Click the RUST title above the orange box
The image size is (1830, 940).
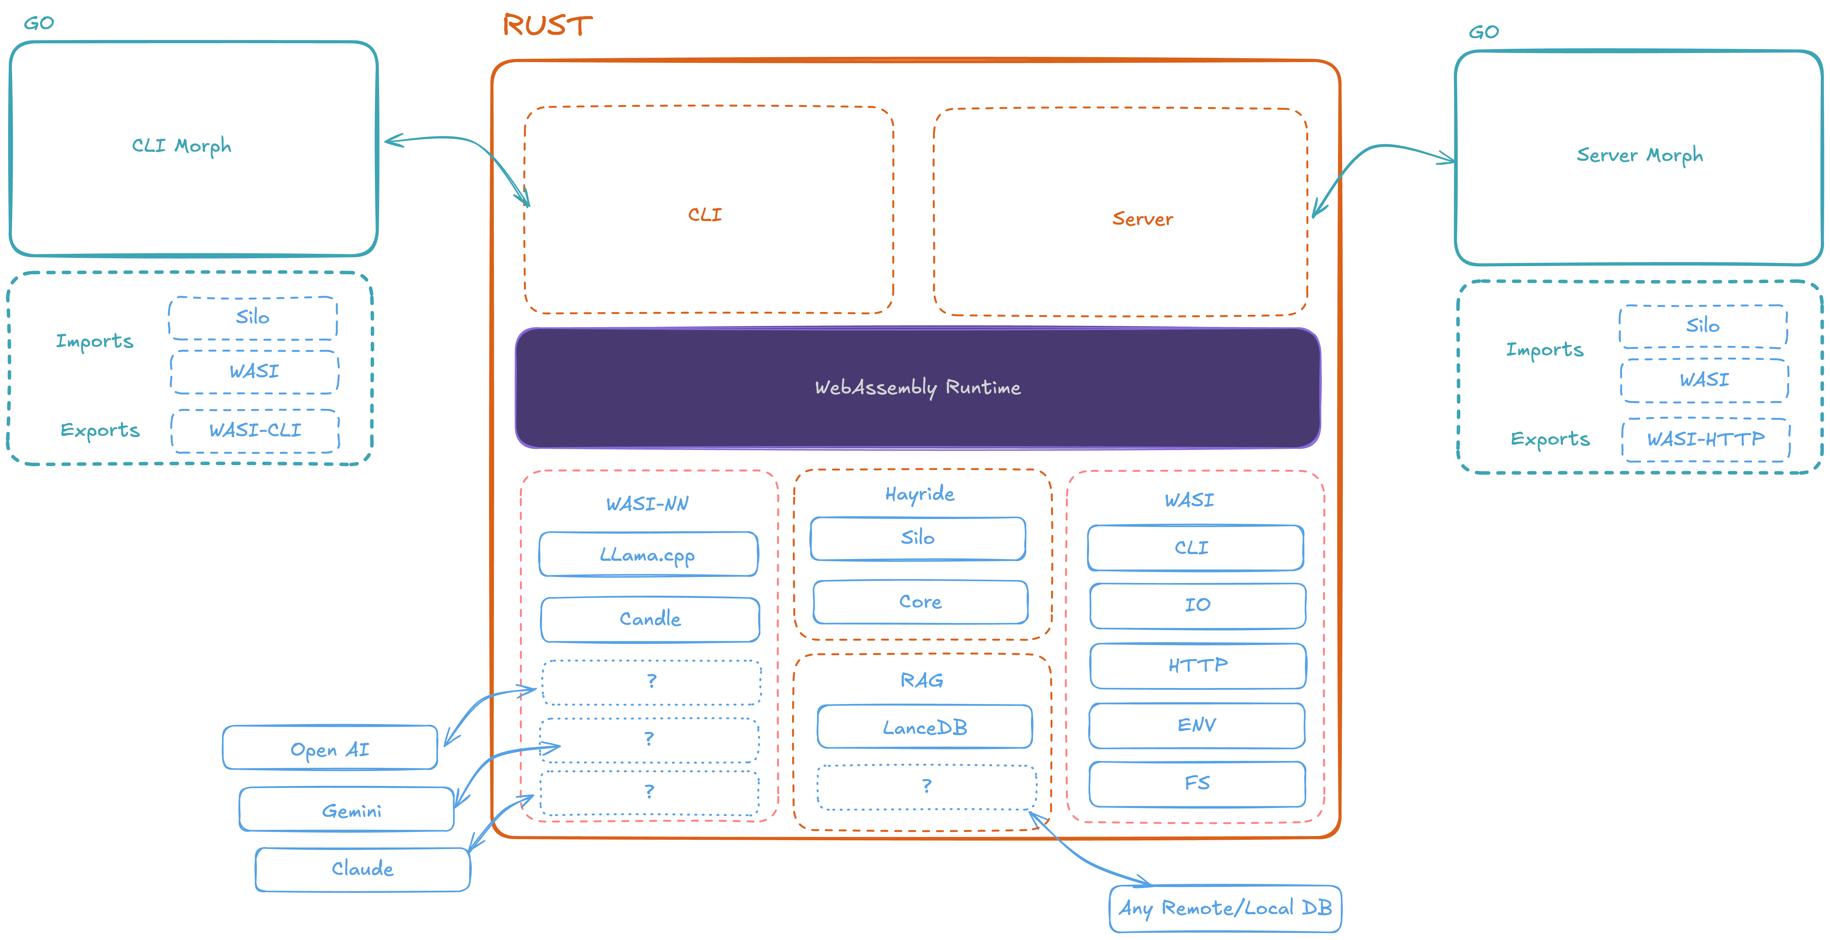pos(547,25)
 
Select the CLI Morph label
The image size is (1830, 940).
pos(182,146)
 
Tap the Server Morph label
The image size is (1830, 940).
pos(1640,155)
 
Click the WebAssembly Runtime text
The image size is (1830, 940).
pos(918,387)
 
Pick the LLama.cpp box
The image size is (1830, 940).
pos(649,554)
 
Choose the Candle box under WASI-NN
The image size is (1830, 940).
pos(650,619)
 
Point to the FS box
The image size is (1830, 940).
pos(1197,784)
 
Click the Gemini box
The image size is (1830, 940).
pos(347,808)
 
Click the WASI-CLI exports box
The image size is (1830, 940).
pos(255,431)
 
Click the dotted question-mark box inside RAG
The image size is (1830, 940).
pos(926,787)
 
